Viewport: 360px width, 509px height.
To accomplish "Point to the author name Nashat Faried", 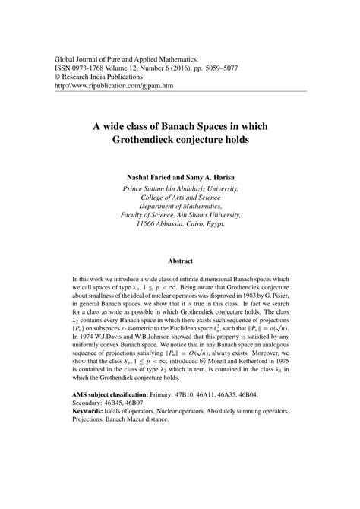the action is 143,175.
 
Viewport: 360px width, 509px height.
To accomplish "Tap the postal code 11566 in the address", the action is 151,225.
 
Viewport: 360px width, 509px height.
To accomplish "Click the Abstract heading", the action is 181,261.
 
